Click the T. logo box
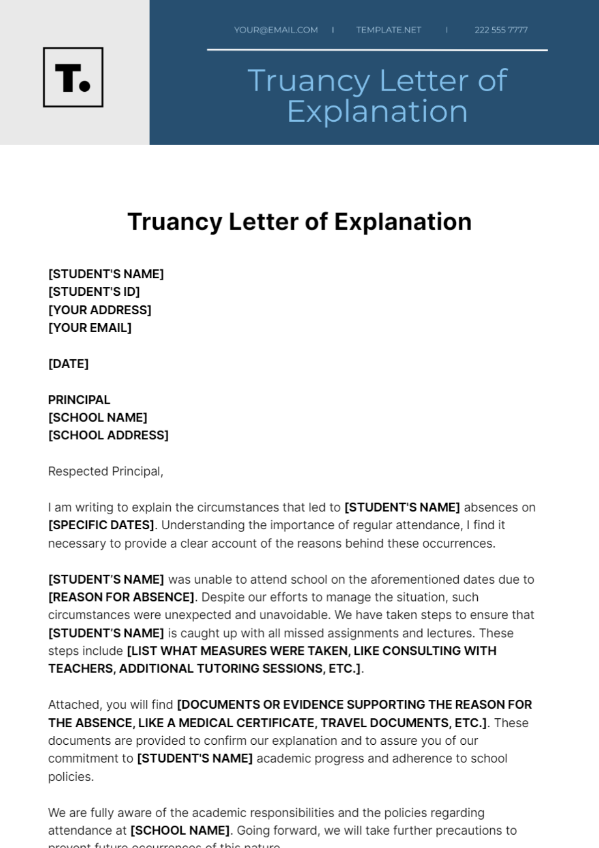pos(73,77)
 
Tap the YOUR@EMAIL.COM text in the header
pos(276,30)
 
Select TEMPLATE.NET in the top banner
pos(388,30)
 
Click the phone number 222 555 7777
pos(501,30)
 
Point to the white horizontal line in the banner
pos(377,50)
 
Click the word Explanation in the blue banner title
pos(377,111)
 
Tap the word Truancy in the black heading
pos(175,222)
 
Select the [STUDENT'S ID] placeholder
pos(94,292)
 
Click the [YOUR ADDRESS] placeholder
pos(100,310)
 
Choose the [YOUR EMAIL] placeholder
pos(90,328)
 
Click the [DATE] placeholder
pos(68,364)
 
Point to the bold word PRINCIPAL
pos(79,400)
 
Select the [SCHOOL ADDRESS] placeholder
pos(108,435)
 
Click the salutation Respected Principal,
pos(106,471)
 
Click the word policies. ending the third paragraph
pos(71,777)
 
